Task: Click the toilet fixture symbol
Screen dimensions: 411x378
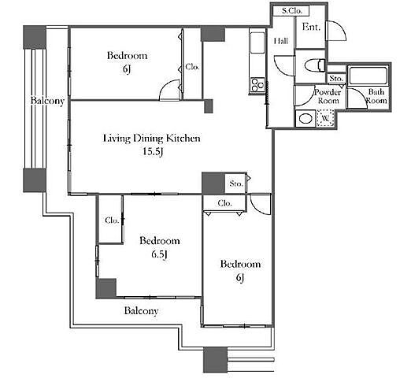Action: (315, 65)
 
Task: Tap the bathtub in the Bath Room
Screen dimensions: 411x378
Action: (368, 76)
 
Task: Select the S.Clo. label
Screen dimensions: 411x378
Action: (292, 11)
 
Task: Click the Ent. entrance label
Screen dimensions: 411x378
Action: (311, 27)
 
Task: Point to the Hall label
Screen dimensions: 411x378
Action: (281, 41)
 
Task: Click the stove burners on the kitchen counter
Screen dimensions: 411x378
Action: (257, 84)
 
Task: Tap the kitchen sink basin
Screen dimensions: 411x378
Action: (257, 43)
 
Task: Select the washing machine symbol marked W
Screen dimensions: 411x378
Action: (325, 118)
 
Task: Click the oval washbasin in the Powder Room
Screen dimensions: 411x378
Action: (305, 119)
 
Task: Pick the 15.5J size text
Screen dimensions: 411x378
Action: (153, 152)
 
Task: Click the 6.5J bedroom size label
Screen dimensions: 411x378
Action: (159, 254)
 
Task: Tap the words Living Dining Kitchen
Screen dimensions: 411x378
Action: (152, 138)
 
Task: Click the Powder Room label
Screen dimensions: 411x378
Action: (328, 96)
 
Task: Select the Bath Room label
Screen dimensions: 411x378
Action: (376, 96)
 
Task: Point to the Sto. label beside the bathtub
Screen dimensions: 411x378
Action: (336, 79)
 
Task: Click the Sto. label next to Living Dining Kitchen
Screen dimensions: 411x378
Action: (236, 183)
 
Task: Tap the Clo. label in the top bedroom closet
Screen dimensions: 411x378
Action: (192, 67)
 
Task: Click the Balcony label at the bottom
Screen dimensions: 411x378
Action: (141, 311)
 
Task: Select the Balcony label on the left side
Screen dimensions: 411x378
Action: (47, 100)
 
